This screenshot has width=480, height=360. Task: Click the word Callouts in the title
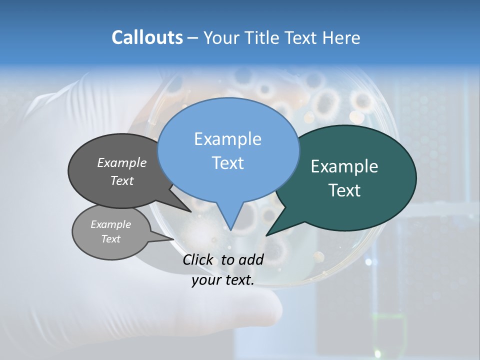147,37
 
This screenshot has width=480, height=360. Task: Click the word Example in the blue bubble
227,139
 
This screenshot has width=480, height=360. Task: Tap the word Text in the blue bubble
227,163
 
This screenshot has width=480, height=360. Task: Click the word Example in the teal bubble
344,166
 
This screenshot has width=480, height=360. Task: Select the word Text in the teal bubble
344,190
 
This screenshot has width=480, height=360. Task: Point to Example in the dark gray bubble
122,162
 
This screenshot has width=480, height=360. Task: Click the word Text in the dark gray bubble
122,180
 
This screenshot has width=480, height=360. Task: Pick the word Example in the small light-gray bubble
111,224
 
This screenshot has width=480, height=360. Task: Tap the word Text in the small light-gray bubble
111,239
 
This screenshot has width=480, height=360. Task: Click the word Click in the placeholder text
199,259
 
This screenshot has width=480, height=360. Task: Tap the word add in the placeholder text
251,259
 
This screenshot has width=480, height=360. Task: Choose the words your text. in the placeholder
223,280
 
